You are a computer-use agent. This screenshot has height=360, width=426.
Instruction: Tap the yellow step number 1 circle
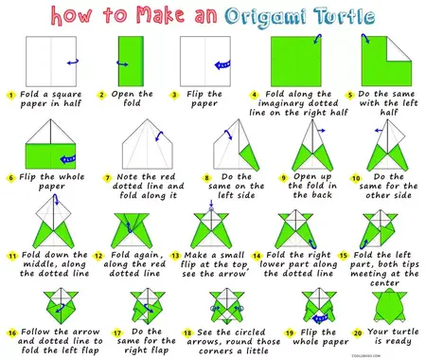click(9, 96)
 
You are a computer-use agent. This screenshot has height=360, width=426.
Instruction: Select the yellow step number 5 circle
click(351, 96)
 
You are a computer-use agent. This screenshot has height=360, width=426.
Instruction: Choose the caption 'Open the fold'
click(132, 100)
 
